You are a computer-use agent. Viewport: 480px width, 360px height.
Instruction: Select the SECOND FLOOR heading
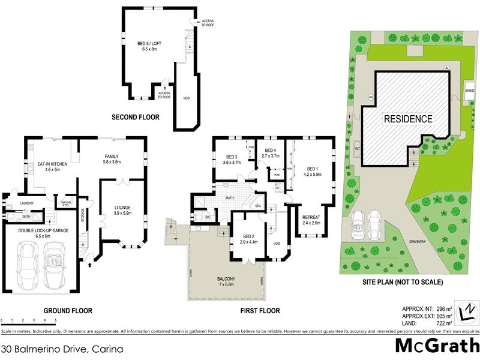pyautogui.click(x=136, y=118)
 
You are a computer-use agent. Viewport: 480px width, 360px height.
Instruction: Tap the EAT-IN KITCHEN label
pyautogui.click(x=52, y=167)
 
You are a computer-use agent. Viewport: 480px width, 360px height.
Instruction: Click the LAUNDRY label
pyautogui.click(x=26, y=203)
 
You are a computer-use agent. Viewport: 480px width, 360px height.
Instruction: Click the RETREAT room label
pyautogui.click(x=311, y=219)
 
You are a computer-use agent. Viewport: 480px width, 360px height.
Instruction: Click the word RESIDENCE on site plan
pyautogui.click(x=408, y=119)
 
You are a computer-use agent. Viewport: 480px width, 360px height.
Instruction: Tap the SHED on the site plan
pyautogui.click(x=469, y=91)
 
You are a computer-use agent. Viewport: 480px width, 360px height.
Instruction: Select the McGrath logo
pyautogui.click(x=436, y=346)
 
